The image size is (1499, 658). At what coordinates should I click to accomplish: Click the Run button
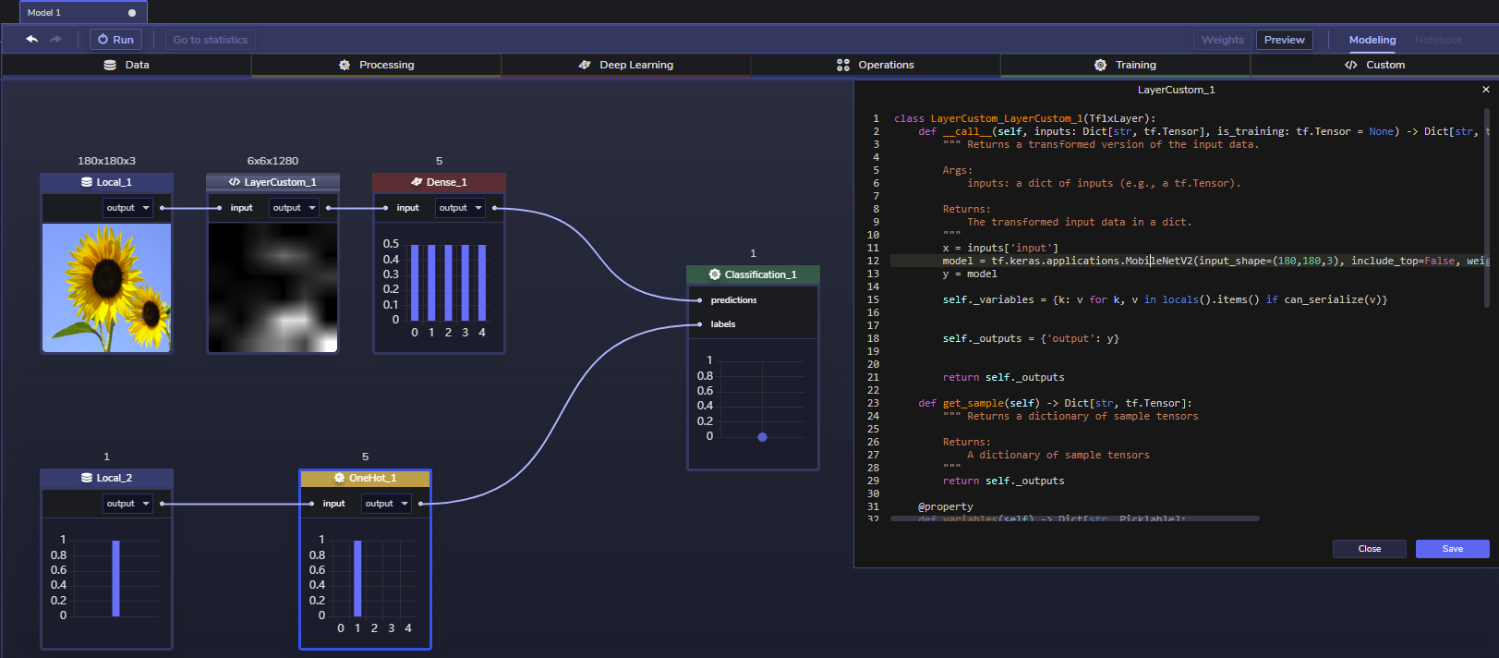point(115,40)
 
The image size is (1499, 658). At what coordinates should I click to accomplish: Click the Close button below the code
point(1369,549)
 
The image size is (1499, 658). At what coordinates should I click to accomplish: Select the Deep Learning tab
point(626,65)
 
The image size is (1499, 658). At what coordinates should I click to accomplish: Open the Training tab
point(1125,65)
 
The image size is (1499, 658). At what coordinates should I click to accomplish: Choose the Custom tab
point(1374,65)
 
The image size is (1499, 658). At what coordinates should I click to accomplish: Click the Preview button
point(1284,40)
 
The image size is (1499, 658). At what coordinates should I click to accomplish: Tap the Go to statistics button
point(210,40)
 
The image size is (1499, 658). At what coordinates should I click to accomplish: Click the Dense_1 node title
point(439,182)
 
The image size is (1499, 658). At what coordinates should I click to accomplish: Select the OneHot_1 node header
point(365,478)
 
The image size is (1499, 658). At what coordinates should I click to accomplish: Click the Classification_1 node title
point(753,274)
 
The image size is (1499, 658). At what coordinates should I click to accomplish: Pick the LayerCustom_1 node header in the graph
point(272,182)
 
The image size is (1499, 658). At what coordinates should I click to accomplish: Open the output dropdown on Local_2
point(127,504)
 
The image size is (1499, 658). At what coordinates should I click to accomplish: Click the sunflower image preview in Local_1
point(106,287)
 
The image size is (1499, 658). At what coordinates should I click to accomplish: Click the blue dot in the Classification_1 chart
point(762,437)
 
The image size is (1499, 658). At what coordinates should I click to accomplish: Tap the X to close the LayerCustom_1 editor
point(1485,90)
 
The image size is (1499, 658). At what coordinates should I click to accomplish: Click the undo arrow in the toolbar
point(32,40)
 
